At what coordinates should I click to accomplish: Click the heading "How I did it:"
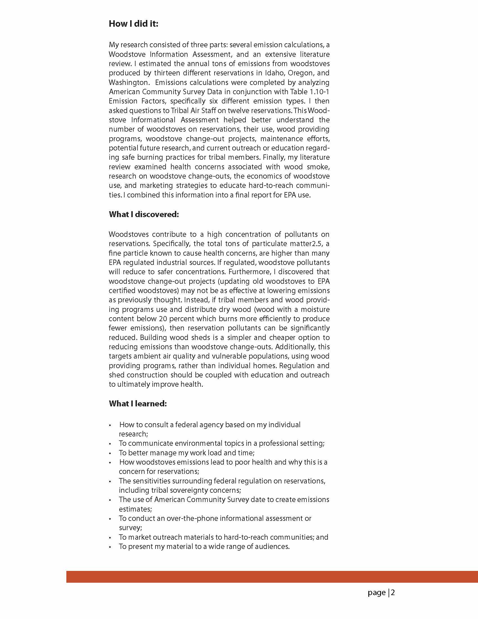point(134,24)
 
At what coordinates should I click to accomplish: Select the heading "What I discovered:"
point(144,214)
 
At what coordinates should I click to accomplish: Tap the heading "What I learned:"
point(138,403)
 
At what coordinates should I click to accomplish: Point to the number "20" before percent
point(163,319)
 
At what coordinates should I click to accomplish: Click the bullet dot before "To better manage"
point(110,453)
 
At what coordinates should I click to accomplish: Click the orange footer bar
point(272,577)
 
